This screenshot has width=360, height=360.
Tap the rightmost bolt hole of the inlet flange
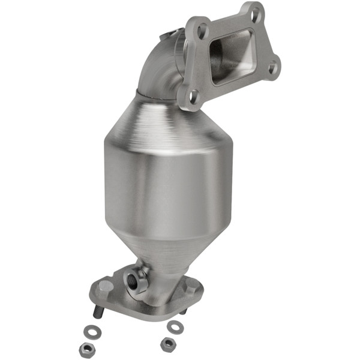272,68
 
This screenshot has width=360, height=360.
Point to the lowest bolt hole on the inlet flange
194,95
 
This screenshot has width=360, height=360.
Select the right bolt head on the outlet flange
191,287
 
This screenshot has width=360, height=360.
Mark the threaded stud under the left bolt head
97,312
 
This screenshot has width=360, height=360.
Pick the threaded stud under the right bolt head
184,311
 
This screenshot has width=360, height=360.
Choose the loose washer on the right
175,327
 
